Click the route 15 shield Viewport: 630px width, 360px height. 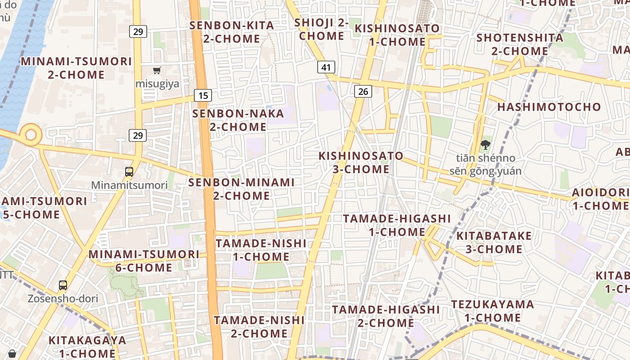(x=203, y=95)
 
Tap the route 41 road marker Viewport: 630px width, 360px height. (x=326, y=67)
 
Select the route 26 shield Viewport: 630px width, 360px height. (x=363, y=92)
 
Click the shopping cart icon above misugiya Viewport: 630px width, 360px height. (x=157, y=70)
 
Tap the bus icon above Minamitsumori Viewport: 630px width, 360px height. (x=129, y=171)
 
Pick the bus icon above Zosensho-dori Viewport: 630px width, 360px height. (x=63, y=285)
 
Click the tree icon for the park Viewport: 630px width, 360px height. (x=485, y=145)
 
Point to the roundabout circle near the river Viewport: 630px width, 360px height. (x=31, y=135)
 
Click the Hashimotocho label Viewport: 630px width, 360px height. (x=549, y=107)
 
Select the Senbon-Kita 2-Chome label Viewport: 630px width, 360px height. (x=232, y=32)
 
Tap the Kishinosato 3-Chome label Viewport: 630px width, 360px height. (x=361, y=162)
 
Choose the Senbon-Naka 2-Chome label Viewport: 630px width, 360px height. (x=238, y=120)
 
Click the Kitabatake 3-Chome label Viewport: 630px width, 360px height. (x=494, y=243)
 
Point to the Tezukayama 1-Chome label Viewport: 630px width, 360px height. (x=492, y=311)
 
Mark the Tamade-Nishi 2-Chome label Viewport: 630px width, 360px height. (x=259, y=327)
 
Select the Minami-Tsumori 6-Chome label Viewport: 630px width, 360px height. (x=144, y=261)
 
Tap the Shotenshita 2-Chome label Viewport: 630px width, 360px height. (x=520, y=44)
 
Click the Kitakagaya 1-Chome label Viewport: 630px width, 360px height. (x=87, y=346)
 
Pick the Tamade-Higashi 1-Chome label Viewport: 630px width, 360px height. (x=397, y=225)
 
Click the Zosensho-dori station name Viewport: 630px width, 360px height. (x=63, y=299)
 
